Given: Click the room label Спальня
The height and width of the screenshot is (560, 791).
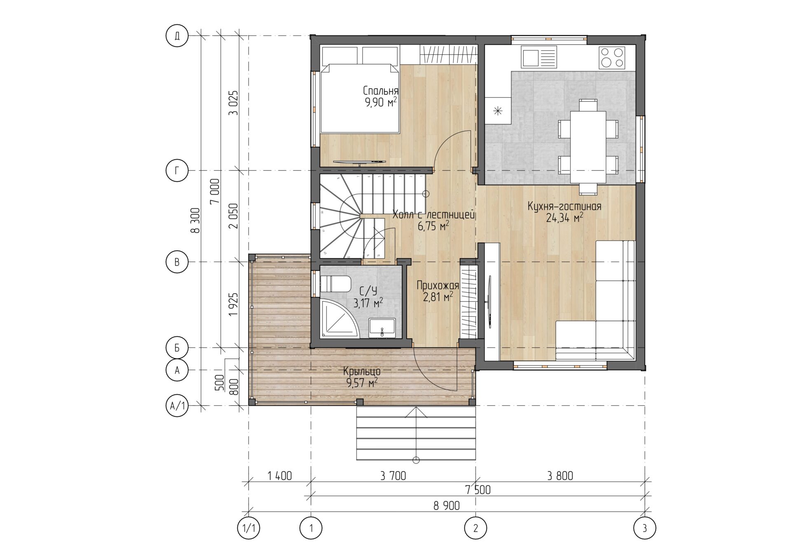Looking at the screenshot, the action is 381,91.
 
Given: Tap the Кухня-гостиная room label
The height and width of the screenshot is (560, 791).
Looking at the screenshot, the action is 564,207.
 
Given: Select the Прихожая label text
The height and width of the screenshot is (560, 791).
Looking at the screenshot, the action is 438,285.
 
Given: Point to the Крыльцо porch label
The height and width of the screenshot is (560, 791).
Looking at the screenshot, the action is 362,372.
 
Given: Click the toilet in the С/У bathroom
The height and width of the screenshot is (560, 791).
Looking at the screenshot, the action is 335,284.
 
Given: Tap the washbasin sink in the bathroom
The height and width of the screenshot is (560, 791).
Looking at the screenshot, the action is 382,328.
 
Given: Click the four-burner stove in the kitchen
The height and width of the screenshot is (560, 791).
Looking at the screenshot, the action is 612,58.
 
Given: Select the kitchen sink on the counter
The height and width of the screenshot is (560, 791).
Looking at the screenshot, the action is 539,57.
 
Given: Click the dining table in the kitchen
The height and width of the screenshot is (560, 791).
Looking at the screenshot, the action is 588,147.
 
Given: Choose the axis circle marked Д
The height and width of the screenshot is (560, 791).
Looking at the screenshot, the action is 177,36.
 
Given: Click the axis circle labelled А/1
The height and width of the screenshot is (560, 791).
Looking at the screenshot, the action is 177,406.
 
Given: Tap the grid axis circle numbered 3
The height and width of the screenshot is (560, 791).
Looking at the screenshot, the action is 645,527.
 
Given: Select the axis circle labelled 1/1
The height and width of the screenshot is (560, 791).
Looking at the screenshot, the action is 249,527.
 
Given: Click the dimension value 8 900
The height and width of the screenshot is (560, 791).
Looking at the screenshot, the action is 447,505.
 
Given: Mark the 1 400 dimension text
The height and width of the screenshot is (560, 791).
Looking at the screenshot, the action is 279,476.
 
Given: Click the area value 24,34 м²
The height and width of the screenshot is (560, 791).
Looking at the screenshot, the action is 564,218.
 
